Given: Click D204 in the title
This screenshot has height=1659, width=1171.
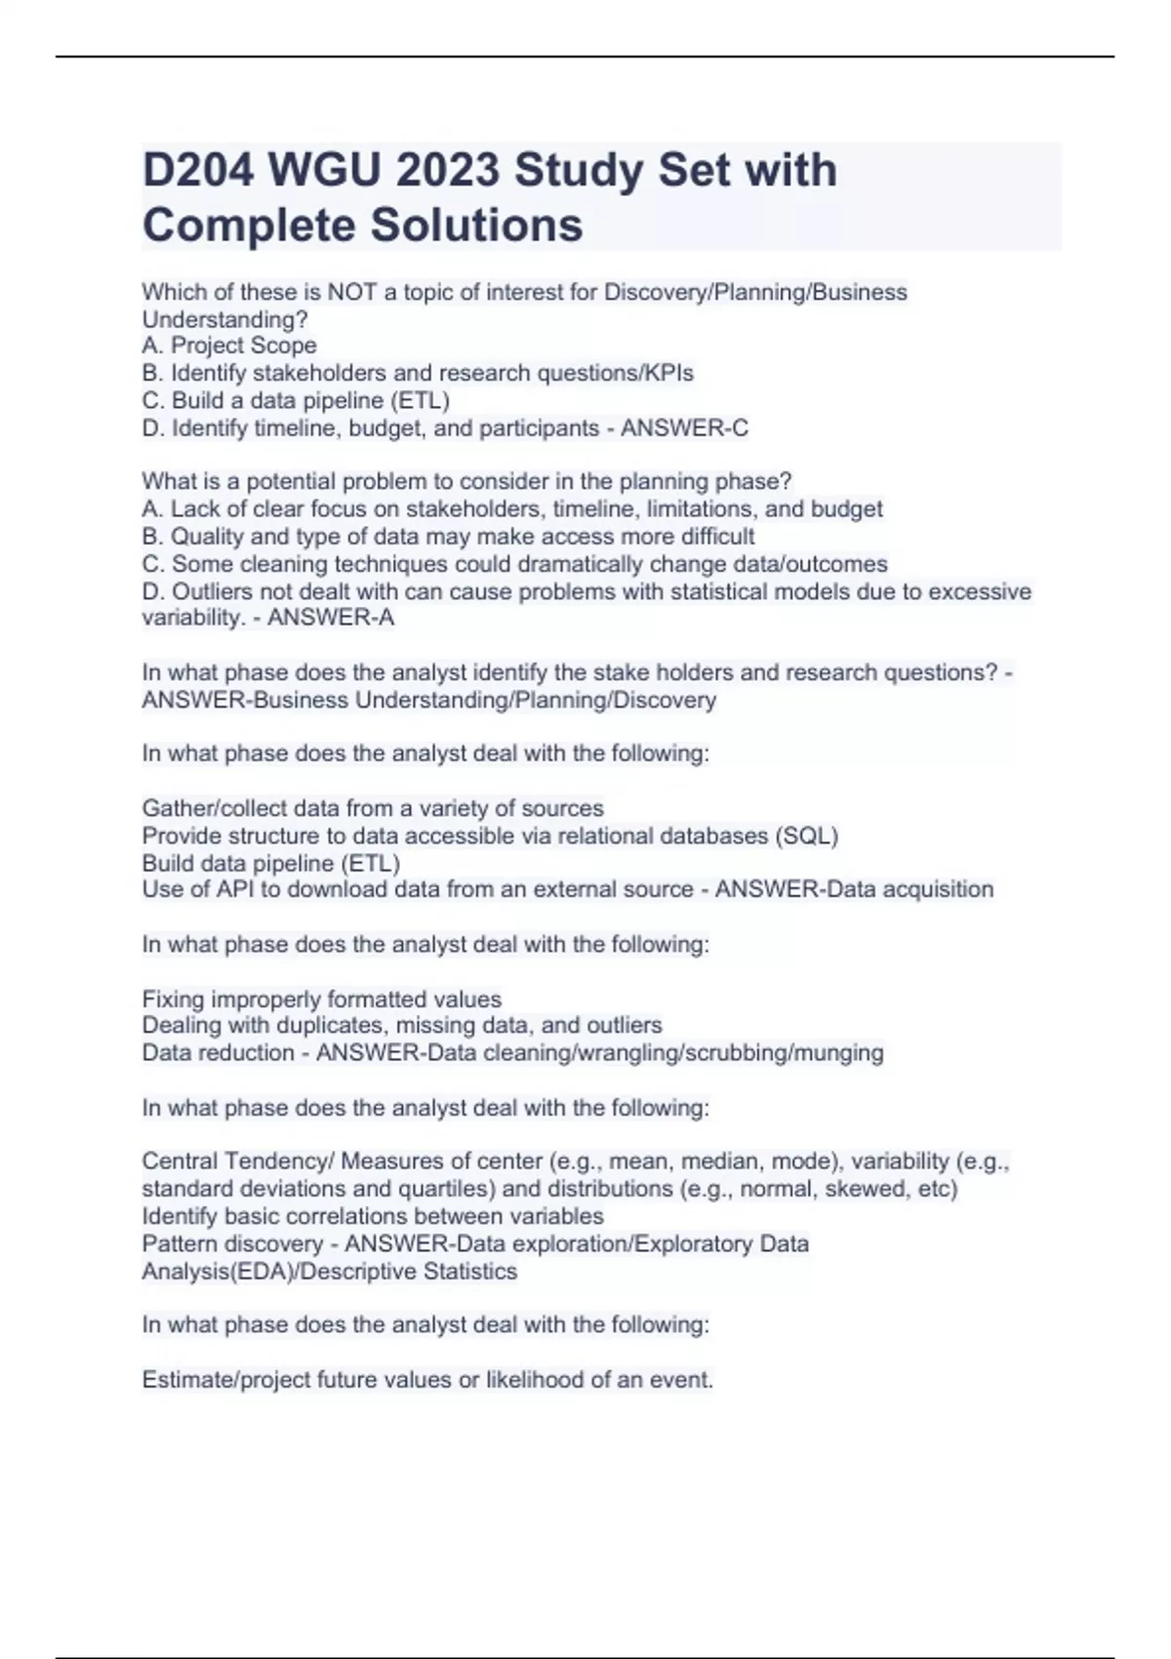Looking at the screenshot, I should (x=198, y=171).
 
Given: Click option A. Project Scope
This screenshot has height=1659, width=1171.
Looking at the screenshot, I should (x=229, y=345).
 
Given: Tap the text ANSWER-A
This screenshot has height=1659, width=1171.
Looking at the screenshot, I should (x=331, y=618).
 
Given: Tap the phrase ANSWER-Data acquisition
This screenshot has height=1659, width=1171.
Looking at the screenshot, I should (x=854, y=889).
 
